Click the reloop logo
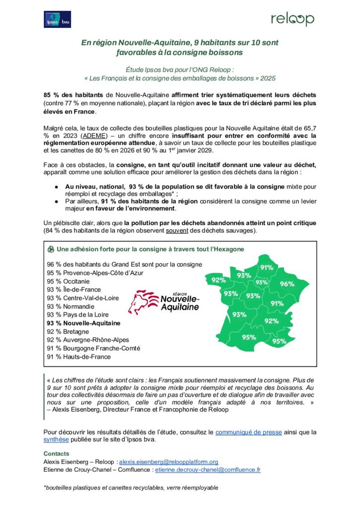click(x=292, y=19)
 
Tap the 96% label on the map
click(x=287, y=284)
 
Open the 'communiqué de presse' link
click(x=249, y=432)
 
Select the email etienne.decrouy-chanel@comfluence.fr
click(x=208, y=469)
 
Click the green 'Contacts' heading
click(x=56, y=453)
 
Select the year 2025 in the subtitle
click(x=267, y=78)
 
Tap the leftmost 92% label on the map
click(x=218, y=280)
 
